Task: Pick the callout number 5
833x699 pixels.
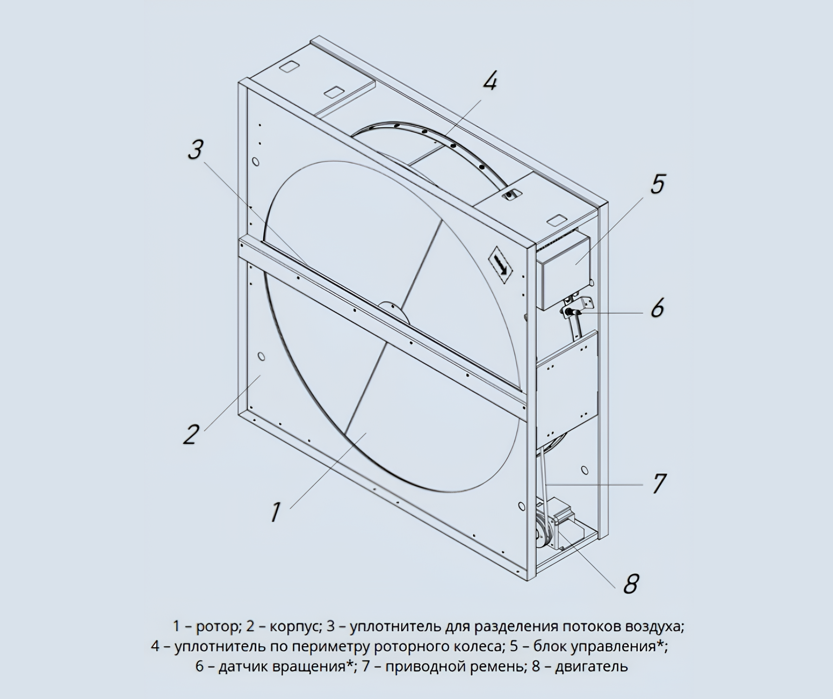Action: coord(657,183)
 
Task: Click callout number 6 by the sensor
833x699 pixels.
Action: coord(657,307)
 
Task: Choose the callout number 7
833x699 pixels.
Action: coord(659,484)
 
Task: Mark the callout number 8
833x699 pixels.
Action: coord(630,583)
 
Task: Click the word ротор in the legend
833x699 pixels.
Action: coord(217,626)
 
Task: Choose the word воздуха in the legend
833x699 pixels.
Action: coord(652,627)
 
